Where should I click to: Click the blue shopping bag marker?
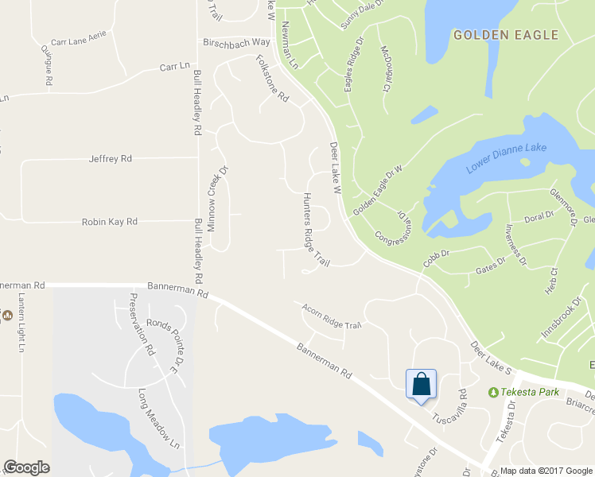[420, 385]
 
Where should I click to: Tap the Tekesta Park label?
[530, 392]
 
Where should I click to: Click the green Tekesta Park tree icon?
[493, 392]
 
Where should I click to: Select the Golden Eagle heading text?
[505, 35]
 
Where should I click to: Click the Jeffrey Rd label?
[110, 159]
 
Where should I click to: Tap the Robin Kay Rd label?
[110, 222]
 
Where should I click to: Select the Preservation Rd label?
[140, 324]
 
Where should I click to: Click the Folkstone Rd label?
[273, 77]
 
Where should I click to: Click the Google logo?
[26, 467]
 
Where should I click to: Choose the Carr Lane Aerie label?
[78, 41]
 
